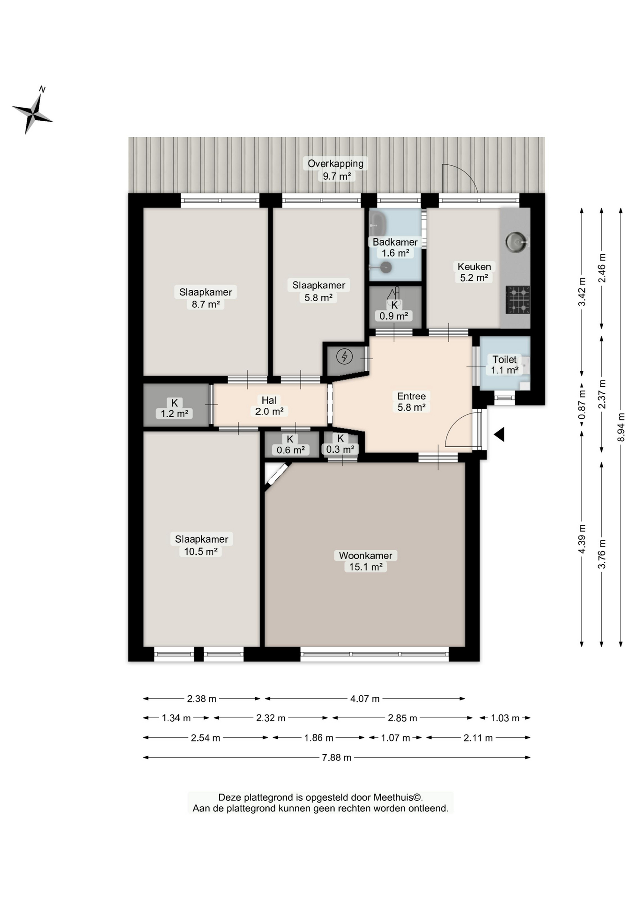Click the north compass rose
pos(32,112)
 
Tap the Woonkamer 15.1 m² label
pos(366,561)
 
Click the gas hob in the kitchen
pos(518,300)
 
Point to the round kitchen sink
pos(517,242)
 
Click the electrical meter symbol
pos(345,357)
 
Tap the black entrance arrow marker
pos(499,435)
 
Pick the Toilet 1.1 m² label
pos(504,365)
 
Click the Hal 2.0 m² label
pos(269,406)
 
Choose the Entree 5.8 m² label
pos(411,402)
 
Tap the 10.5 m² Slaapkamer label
pos(201,545)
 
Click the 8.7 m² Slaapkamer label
pos(206,298)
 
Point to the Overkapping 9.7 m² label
pos(336,169)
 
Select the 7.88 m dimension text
pos(337,758)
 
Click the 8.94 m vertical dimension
pos(621,427)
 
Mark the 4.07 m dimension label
pos(365,699)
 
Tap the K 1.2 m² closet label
pos(174,408)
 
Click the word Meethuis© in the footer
pos(397,797)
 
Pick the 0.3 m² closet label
pos(340,444)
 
